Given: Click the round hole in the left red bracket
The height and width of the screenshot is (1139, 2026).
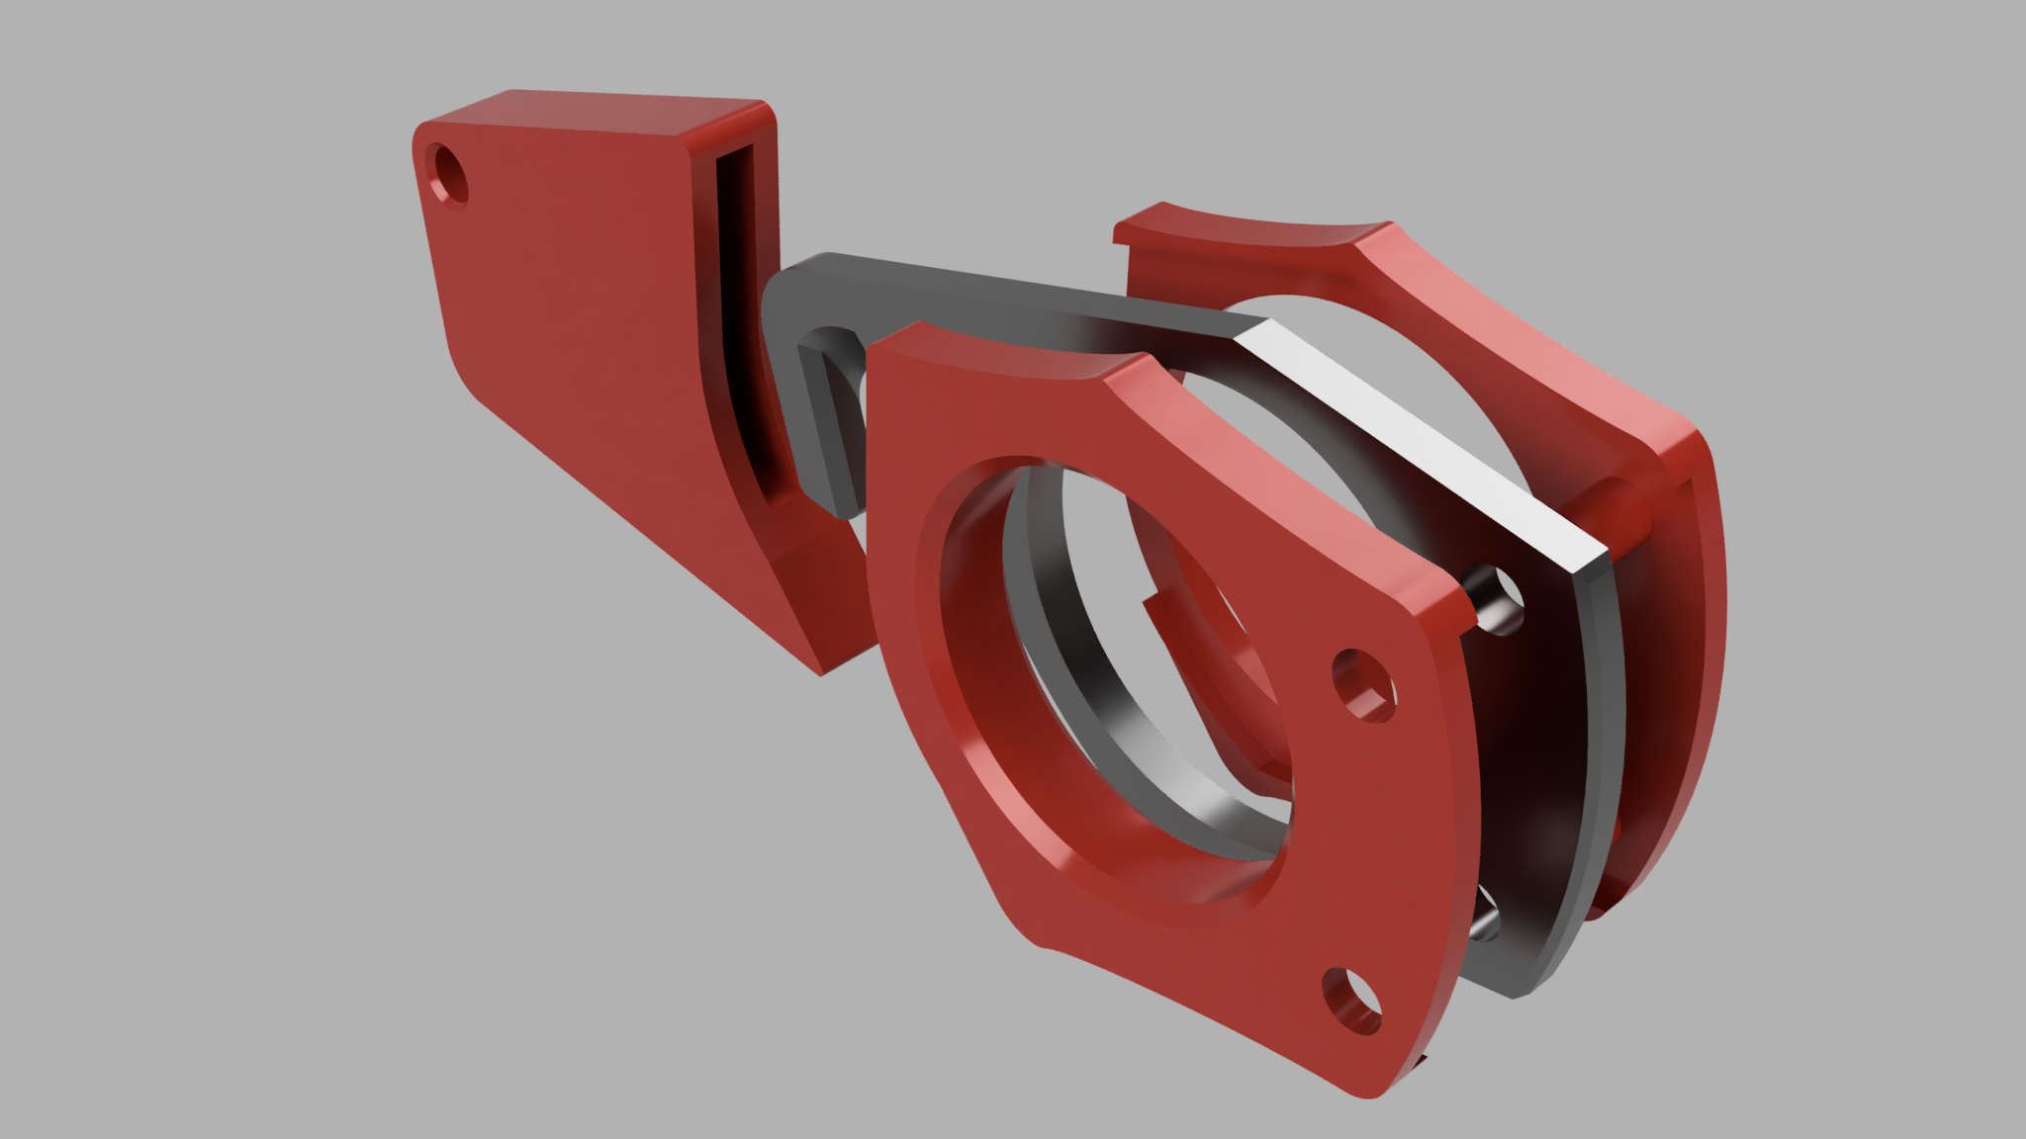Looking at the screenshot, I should [449, 175].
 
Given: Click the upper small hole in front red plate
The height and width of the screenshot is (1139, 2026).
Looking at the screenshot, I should [1364, 684].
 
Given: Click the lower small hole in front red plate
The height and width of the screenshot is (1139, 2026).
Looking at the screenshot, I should [1353, 1002].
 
